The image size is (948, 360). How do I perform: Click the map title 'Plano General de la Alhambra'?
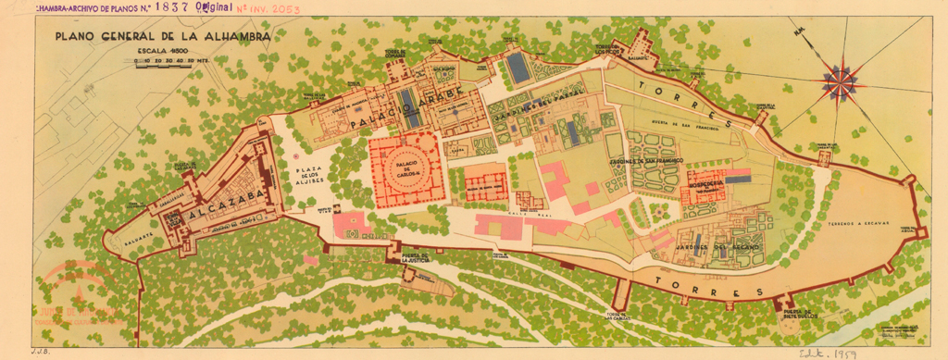click(162, 36)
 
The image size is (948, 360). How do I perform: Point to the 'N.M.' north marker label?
click(799, 35)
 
